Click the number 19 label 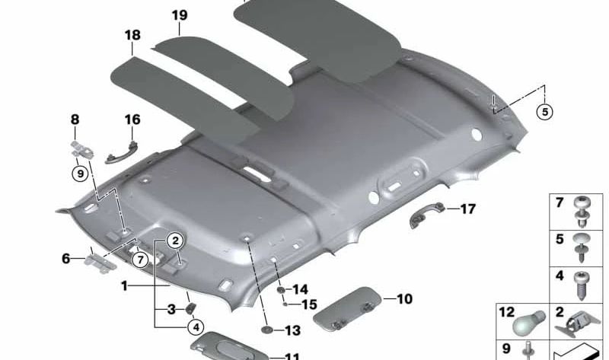(179, 15)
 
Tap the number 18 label (132, 35)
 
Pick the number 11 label (292, 355)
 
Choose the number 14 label (300, 289)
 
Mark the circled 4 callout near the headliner (196, 329)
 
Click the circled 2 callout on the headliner (175, 241)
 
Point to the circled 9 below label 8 (80, 174)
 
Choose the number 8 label (75, 119)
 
